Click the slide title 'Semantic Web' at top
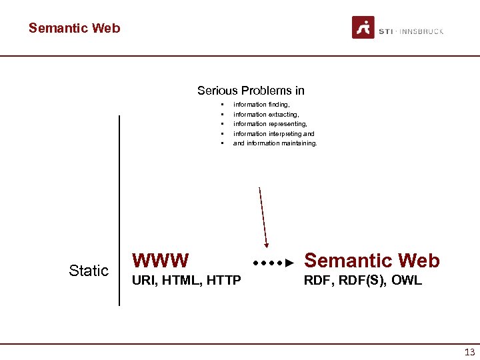tap(74, 28)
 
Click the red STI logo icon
tap(363, 28)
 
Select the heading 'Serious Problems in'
tap(251, 91)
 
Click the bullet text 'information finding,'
tap(261, 105)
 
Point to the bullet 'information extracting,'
tap(265, 115)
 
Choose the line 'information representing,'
tap(270, 124)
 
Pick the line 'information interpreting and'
tap(273, 134)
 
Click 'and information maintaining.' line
tap(275, 143)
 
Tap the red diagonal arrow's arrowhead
tap(266, 243)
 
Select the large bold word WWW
tap(161, 260)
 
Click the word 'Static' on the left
tap(89, 271)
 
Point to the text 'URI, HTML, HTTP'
tap(187, 281)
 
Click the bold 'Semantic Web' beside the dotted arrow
tap(371, 261)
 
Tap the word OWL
tap(407, 281)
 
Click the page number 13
tap(469, 353)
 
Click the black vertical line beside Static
tap(119, 210)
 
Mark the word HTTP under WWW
tap(223, 281)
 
